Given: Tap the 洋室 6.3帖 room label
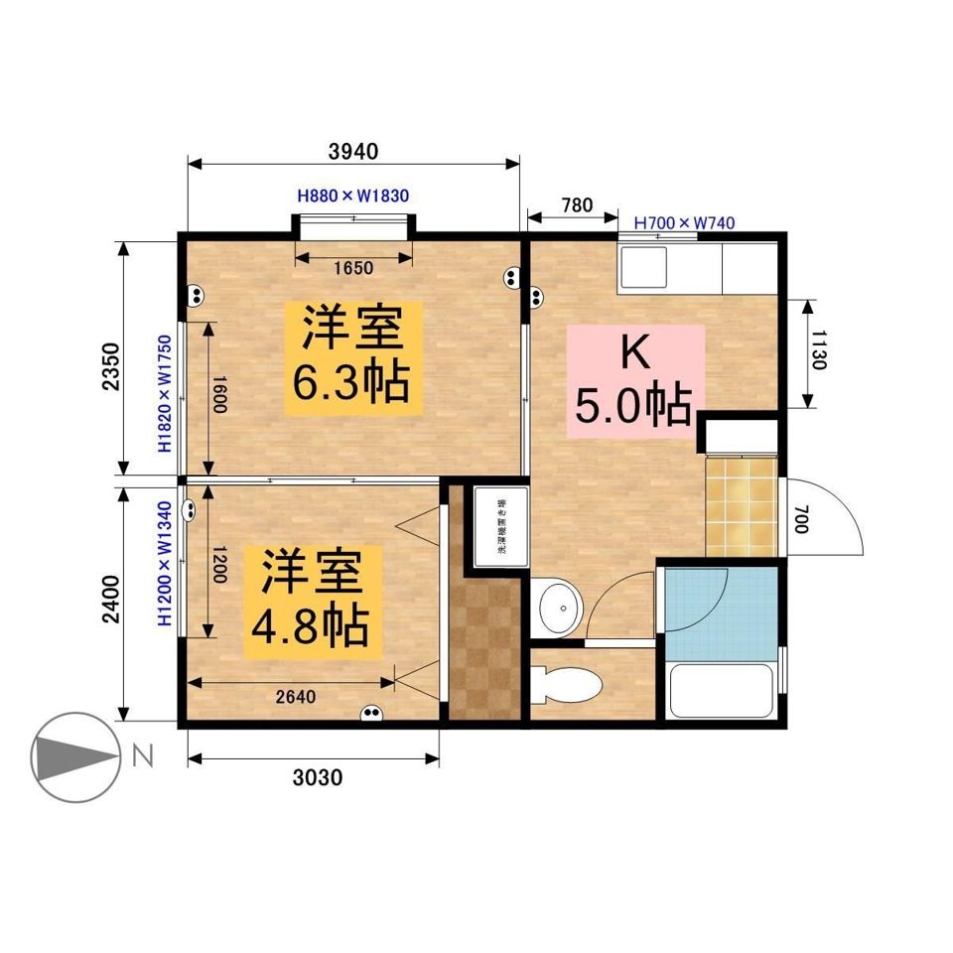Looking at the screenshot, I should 353,358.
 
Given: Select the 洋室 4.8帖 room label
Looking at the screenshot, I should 311,601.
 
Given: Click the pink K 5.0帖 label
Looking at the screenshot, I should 634,380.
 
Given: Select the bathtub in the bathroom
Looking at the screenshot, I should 722,689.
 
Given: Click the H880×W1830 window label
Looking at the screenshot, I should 353,196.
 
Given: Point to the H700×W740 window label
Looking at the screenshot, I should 684,222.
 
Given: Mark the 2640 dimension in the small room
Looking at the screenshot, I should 295,697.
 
